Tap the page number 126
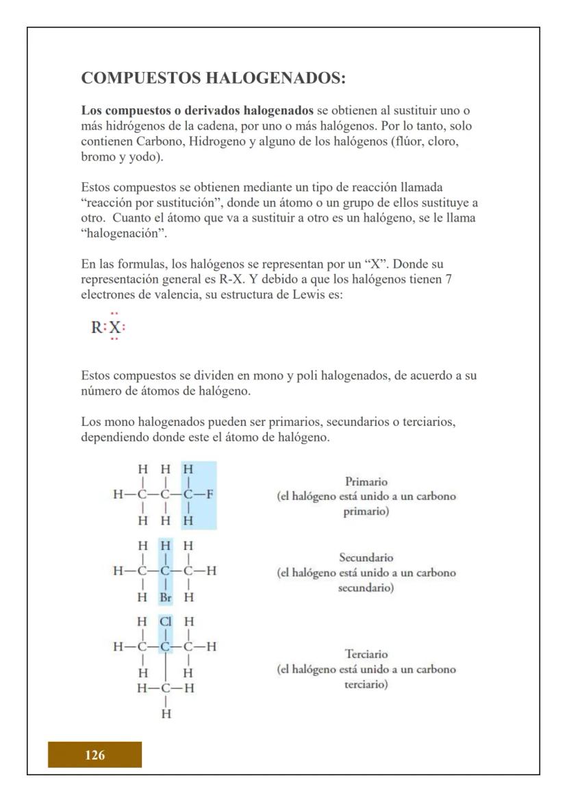tap(94, 755)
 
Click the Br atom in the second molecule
tap(165, 597)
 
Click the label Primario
tap(366, 481)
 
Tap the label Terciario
tap(366, 654)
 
